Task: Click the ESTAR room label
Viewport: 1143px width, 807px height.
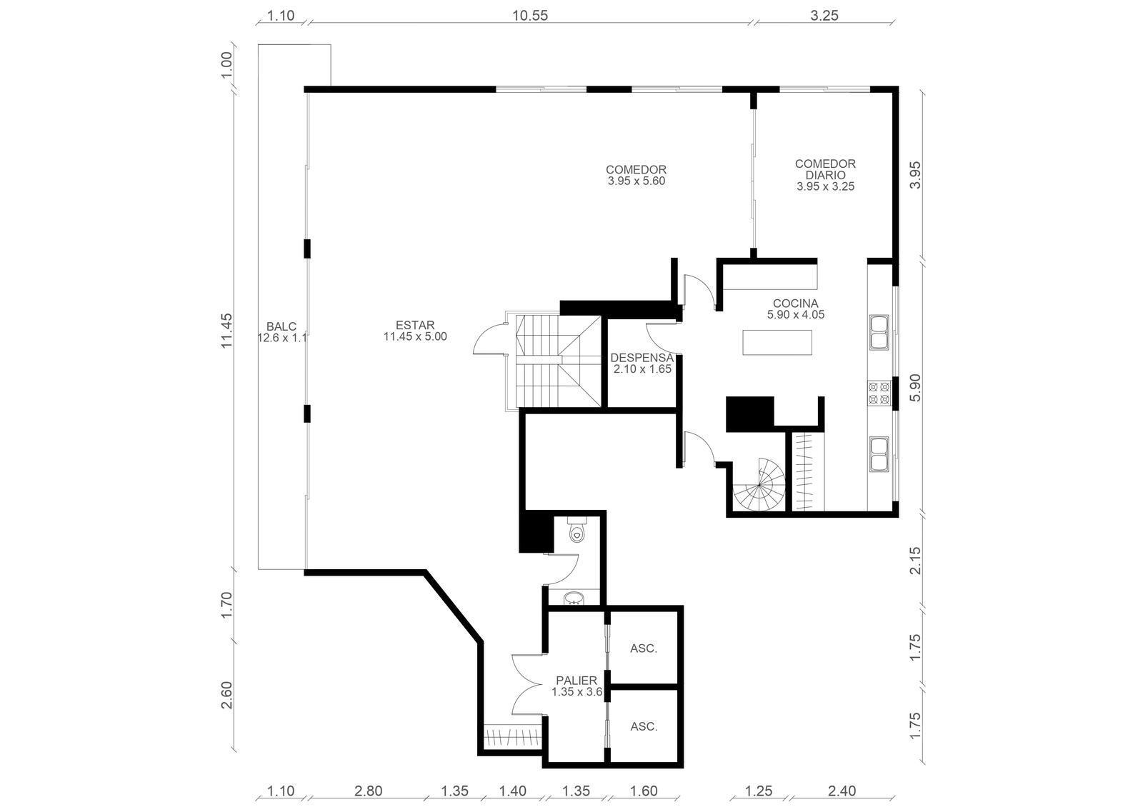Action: pyautogui.click(x=415, y=325)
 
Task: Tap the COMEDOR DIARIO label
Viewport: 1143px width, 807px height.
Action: pyautogui.click(x=825, y=169)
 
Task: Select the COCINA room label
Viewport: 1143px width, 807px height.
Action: pyautogui.click(x=796, y=304)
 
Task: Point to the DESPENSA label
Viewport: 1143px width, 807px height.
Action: pyautogui.click(x=642, y=358)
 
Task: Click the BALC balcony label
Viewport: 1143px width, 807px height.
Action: pyautogui.click(x=281, y=326)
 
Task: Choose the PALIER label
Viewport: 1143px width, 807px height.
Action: pyautogui.click(x=577, y=681)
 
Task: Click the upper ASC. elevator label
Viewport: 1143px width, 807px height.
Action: pyautogui.click(x=644, y=648)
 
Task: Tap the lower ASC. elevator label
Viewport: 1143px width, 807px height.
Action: pyautogui.click(x=644, y=726)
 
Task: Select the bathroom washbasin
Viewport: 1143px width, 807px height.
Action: pyautogui.click(x=575, y=598)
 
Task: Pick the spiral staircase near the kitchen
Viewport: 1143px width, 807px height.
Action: pyautogui.click(x=759, y=485)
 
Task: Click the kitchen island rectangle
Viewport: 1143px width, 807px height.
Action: pyautogui.click(x=777, y=342)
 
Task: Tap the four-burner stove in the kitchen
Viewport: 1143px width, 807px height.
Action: pyautogui.click(x=879, y=394)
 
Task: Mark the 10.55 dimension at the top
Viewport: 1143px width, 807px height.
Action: pyautogui.click(x=530, y=16)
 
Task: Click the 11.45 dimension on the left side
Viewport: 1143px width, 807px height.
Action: pyautogui.click(x=227, y=331)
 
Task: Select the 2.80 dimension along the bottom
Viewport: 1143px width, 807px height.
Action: pyautogui.click(x=369, y=791)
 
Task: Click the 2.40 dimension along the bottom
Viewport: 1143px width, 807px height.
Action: pyautogui.click(x=842, y=791)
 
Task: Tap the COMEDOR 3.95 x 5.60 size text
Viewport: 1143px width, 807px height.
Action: pyautogui.click(x=637, y=181)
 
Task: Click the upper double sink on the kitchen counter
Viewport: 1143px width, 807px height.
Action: pyautogui.click(x=879, y=332)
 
